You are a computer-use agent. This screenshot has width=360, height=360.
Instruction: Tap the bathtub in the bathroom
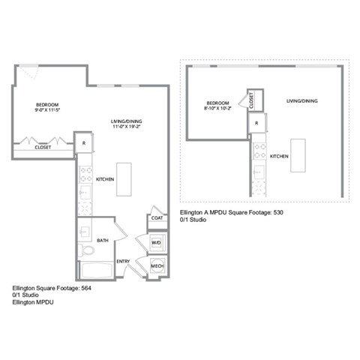[96, 270]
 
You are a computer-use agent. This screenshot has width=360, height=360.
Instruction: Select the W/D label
[156, 243]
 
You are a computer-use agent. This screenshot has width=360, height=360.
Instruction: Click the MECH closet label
[157, 266]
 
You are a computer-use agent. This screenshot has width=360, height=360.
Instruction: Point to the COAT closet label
[157, 218]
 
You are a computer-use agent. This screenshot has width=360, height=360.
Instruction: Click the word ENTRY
[123, 262]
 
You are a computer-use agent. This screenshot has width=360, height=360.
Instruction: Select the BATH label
[103, 241]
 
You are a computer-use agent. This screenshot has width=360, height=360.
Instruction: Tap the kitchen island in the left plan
[124, 179]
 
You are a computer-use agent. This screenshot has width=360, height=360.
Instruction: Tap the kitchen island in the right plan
[298, 155]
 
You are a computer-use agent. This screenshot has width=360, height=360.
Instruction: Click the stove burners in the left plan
[85, 175]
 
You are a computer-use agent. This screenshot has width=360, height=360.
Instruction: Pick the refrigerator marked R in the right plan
[256, 123]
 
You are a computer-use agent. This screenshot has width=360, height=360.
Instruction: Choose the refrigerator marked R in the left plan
[84, 142]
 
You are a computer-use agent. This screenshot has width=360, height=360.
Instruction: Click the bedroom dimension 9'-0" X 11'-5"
[47, 110]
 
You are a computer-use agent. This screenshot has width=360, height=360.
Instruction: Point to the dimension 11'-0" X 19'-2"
[127, 127]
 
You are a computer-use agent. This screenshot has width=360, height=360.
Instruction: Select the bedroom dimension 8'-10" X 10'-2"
[217, 108]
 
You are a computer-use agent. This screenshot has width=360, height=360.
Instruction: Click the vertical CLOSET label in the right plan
[251, 100]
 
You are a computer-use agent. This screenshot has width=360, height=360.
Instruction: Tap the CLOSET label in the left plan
[43, 148]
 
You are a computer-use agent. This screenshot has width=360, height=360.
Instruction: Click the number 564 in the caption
[86, 288]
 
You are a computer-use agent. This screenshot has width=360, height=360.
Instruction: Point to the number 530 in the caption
[278, 212]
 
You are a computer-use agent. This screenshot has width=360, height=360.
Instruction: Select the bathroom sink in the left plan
[85, 232]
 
